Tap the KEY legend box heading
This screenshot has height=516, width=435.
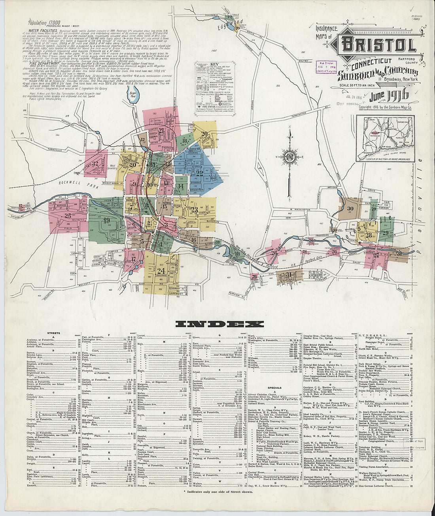tap(215, 64)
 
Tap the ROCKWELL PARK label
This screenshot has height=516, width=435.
tap(73, 183)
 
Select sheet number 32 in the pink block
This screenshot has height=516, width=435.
tap(94, 163)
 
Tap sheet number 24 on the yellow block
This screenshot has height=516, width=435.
tap(161, 271)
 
